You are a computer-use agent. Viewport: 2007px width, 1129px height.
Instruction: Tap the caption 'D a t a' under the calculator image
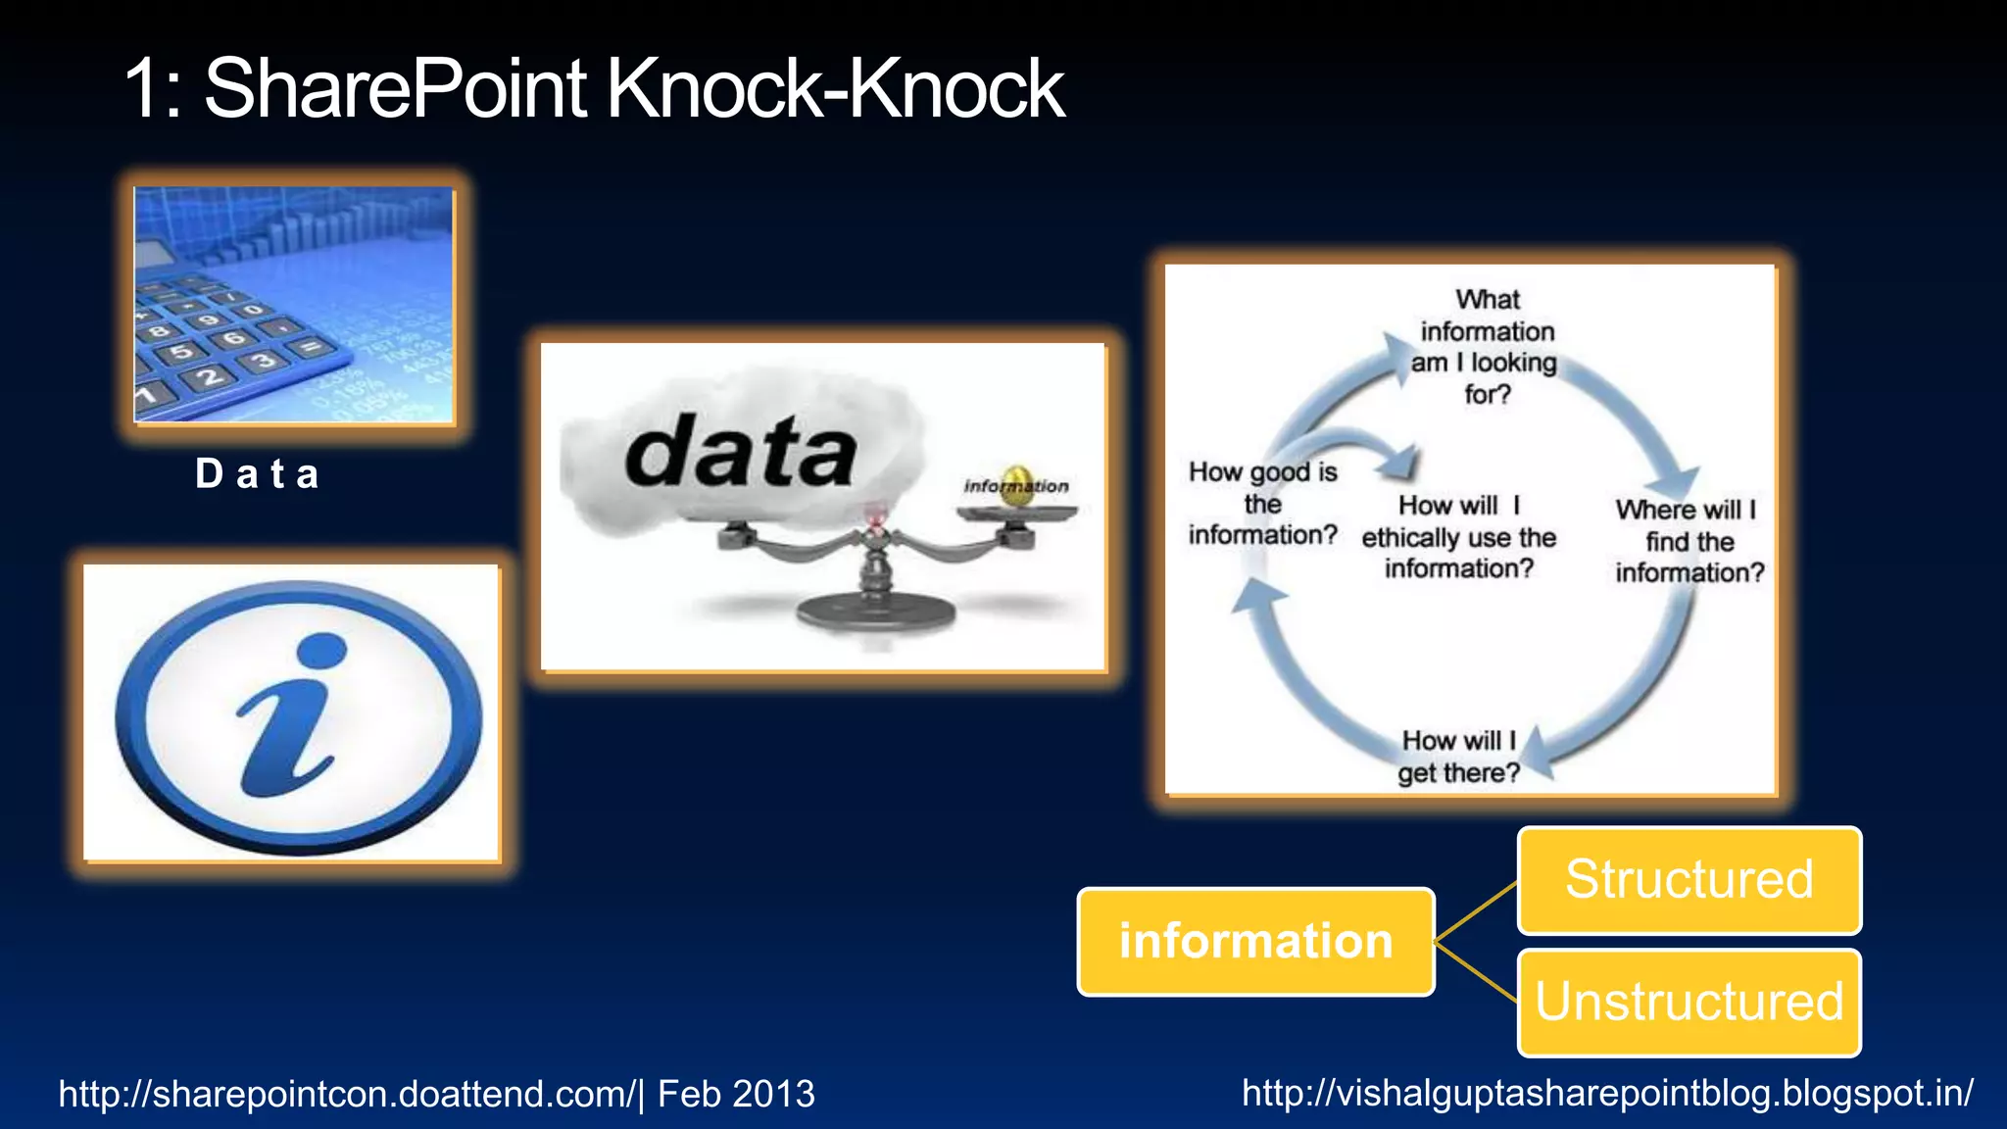[x=258, y=474]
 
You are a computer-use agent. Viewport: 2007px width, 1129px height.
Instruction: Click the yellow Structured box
[x=1689, y=879]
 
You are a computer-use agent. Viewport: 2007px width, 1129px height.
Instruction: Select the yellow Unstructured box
[x=1689, y=1002]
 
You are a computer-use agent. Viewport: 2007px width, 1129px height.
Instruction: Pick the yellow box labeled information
[x=1255, y=941]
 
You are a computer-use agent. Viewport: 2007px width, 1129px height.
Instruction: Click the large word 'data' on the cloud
[x=740, y=453]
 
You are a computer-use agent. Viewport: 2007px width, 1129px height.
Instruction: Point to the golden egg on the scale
[x=1018, y=486]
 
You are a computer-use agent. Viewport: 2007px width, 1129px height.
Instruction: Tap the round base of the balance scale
[x=874, y=614]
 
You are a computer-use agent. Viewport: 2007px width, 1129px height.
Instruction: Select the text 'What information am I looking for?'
[x=1486, y=347]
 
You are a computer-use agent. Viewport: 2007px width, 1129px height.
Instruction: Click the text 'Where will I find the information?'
[x=1689, y=541]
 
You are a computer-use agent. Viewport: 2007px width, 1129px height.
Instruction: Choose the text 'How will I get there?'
[x=1458, y=757]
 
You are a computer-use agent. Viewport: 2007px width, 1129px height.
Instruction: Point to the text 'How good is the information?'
[x=1262, y=504]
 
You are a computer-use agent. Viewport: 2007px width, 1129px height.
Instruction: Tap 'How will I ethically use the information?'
[x=1458, y=537]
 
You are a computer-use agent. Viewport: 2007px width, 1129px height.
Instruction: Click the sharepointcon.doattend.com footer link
[x=348, y=1094]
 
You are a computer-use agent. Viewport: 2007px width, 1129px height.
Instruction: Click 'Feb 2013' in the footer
[x=736, y=1094]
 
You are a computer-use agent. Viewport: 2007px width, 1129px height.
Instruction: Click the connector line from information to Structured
[x=1476, y=911]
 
